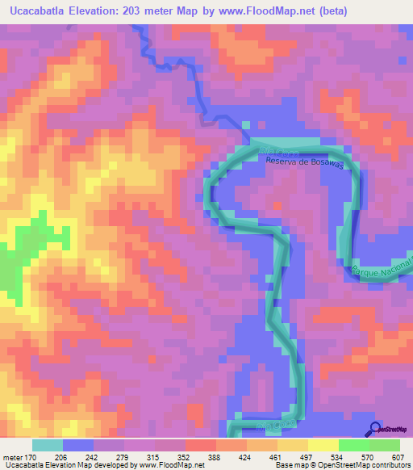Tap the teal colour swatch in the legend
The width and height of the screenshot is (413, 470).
pyautogui.click(x=48, y=446)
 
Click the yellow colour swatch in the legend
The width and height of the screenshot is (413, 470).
pyautogui.click(x=323, y=446)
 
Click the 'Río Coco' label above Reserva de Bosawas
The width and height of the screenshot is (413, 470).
pyautogui.click(x=279, y=151)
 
